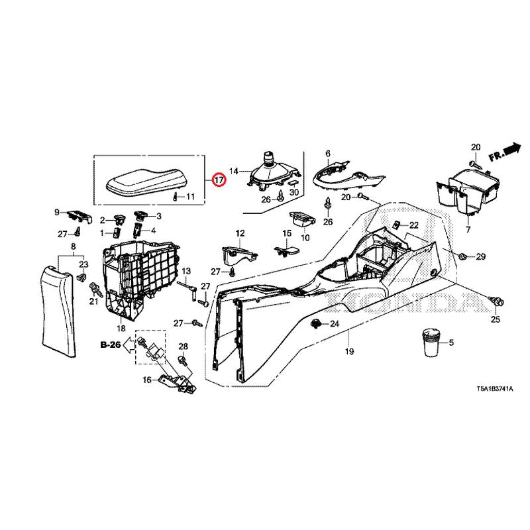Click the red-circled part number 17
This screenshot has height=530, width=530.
point(219,180)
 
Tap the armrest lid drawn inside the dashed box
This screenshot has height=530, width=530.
point(146,183)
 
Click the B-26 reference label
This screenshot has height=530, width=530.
point(111,344)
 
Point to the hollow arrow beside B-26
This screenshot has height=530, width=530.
point(129,345)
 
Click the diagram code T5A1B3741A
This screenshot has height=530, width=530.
point(495,389)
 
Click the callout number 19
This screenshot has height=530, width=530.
point(350,352)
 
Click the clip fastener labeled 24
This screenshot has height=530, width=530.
point(315,324)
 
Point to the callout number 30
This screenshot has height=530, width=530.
point(294,192)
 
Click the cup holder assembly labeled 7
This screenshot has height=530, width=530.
point(466,193)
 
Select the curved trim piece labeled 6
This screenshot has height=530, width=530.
point(348,177)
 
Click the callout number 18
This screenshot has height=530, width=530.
point(121,329)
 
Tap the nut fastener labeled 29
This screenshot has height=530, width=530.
point(462,257)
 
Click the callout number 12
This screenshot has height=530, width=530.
point(240,233)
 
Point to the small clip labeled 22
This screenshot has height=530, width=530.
point(396,224)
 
